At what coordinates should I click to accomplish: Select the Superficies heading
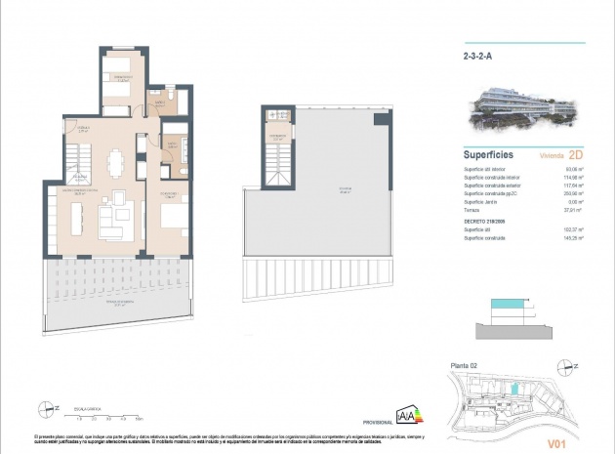click(x=488, y=154)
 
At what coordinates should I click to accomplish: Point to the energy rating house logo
click(x=406, y=414)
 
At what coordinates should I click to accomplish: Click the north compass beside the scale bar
click(x=45, y=408)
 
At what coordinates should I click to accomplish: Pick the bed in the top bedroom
click(x=122, y=83)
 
